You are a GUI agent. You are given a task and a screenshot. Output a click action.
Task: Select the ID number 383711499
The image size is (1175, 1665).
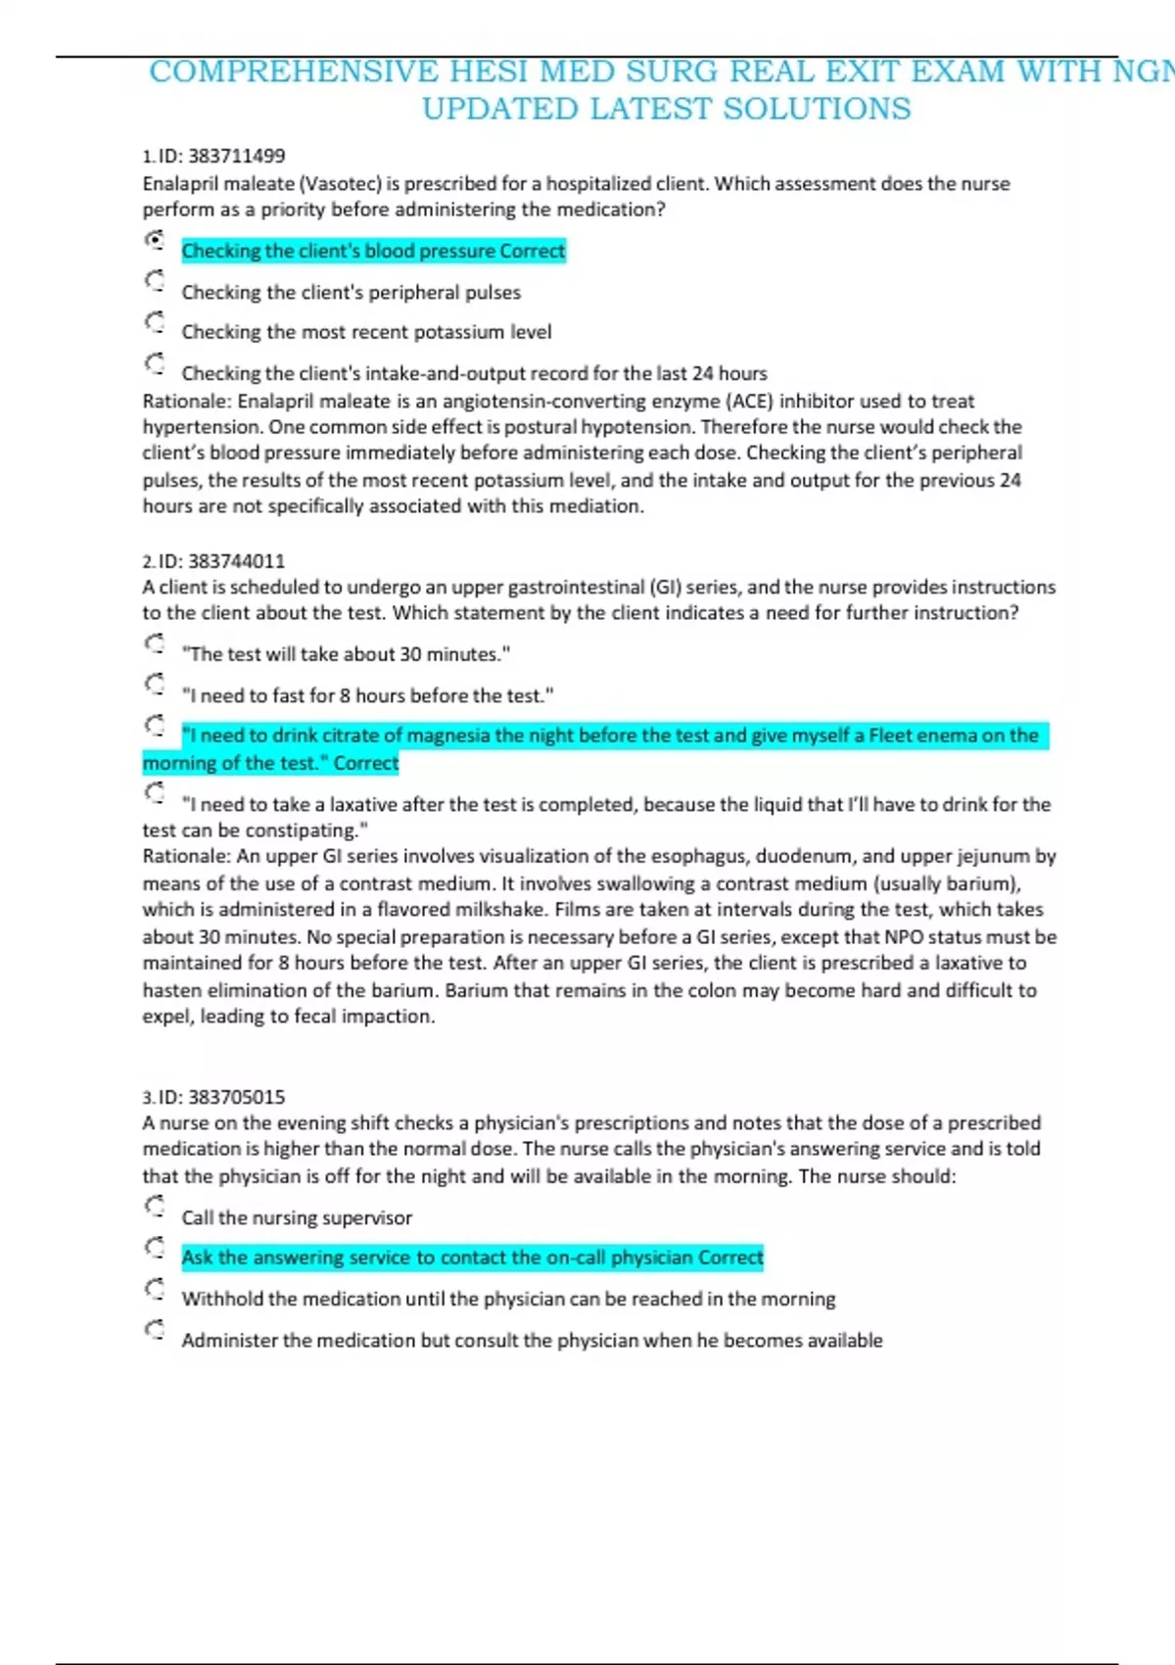[x=236, y=156]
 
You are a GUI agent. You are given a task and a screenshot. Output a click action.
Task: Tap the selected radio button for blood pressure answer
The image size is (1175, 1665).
[x=155, y=240]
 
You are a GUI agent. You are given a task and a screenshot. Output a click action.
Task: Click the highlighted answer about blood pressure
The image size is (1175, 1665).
[x=373, y=252]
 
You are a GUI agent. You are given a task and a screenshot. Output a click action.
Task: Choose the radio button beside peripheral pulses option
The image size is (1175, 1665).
[x=155, y=281]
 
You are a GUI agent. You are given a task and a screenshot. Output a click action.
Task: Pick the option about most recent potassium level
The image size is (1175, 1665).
[x=366, y=332]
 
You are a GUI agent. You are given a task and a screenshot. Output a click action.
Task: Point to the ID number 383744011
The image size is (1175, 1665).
[x=236, y=561]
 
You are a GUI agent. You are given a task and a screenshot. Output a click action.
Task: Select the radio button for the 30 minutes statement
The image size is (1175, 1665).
[x=155, y=643]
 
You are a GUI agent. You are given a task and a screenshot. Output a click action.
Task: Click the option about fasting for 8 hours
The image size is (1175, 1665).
[x=367, y=695]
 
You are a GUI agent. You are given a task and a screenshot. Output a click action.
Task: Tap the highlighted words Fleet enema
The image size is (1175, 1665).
[x=934, y=736]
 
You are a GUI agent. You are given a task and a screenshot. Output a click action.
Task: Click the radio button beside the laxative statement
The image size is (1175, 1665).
[x=155, y=792]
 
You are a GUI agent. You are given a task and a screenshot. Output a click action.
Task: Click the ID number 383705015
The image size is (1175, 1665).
[x=236, y=1097]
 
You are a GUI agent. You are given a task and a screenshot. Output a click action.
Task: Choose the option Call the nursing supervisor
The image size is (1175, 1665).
[x=297, y=1217]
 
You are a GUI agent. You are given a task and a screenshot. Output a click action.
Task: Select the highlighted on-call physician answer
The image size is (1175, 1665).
[x=472, y=1258]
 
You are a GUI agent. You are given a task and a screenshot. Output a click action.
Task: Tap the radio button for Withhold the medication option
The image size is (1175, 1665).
[x=155, y=1288]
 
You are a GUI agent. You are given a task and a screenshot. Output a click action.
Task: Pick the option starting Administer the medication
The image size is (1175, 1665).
[x=532, y=1340]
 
